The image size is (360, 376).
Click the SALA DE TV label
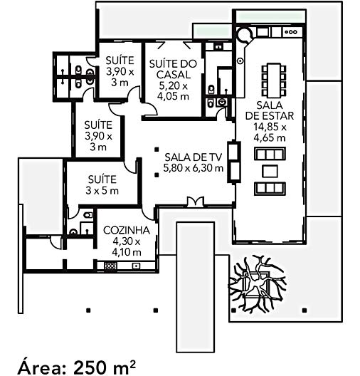(193, 157)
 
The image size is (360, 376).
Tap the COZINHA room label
(127, 230)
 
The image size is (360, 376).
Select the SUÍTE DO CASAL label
(173, 69)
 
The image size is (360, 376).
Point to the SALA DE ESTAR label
(270, 110)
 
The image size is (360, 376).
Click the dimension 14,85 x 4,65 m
(270, 132)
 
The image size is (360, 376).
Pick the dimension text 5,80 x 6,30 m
(193, 168)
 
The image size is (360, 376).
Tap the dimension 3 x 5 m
(102, 191)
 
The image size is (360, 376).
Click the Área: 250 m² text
(77, 367)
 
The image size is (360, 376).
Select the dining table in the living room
(274, 80)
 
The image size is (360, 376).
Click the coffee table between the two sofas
(270, 171)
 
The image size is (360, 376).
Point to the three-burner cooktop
(290, 32)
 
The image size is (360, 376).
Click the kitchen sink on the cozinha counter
(136, 266)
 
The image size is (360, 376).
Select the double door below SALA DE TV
(196, 202)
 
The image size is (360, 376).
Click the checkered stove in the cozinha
(111, 266)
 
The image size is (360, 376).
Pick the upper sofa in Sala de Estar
(270, 154)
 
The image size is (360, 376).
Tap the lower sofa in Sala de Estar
(270, 189)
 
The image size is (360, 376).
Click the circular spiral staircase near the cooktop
(244, 35)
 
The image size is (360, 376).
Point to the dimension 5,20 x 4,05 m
(173, 91)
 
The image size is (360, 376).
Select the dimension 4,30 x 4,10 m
(127, 246)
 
